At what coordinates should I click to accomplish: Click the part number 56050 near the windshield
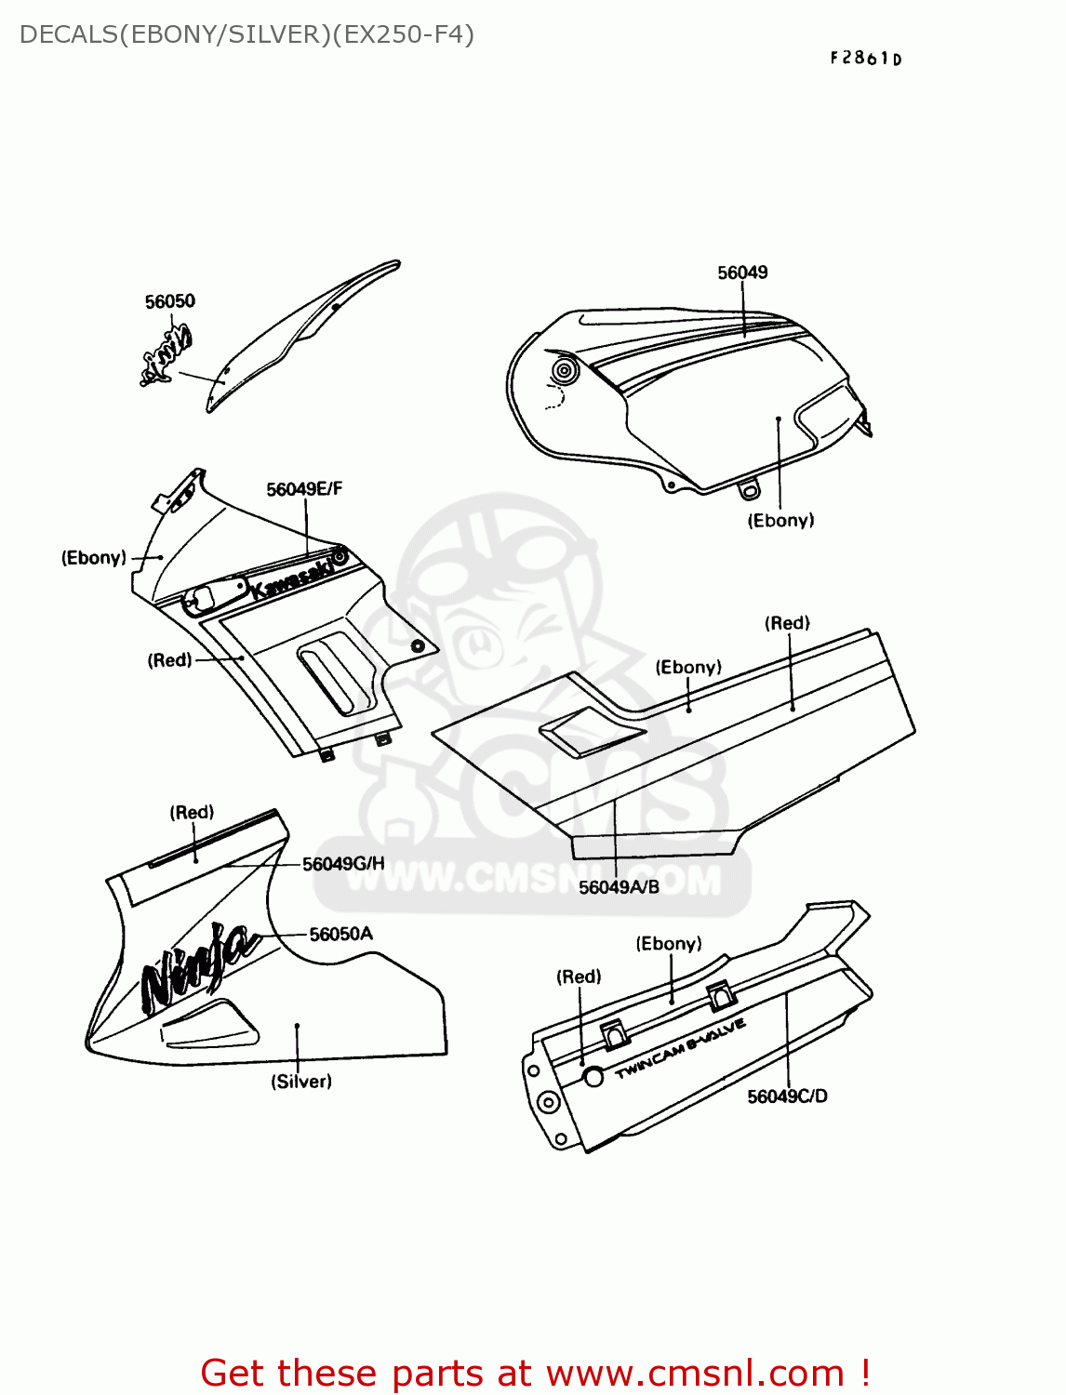(170, 301)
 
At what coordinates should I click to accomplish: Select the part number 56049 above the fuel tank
(742, 272)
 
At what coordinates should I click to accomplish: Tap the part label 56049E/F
(304, 489)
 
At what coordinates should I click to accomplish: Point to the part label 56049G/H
(343, 864)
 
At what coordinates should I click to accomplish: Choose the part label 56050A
(340, 934)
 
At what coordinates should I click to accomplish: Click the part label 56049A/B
(619, 887)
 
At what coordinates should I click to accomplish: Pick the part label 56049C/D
(787, 1096)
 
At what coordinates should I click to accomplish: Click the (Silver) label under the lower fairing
(301, 1082)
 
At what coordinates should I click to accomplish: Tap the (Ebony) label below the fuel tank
(780, 521)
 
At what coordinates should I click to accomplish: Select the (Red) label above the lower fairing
(192, 813)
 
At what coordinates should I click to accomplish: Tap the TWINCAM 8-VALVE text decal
(680, 1048)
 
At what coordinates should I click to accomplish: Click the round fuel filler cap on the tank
(564, 371)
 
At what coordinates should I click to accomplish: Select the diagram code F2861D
(866, 59)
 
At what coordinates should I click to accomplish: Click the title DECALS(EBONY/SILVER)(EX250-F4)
(247, 34)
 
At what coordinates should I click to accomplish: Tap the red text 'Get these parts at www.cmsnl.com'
(535, 1373)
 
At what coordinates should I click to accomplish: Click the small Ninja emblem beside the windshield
(168, 353)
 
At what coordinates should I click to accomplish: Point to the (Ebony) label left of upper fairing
(94, 558)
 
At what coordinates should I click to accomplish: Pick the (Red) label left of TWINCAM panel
(579, 976)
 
